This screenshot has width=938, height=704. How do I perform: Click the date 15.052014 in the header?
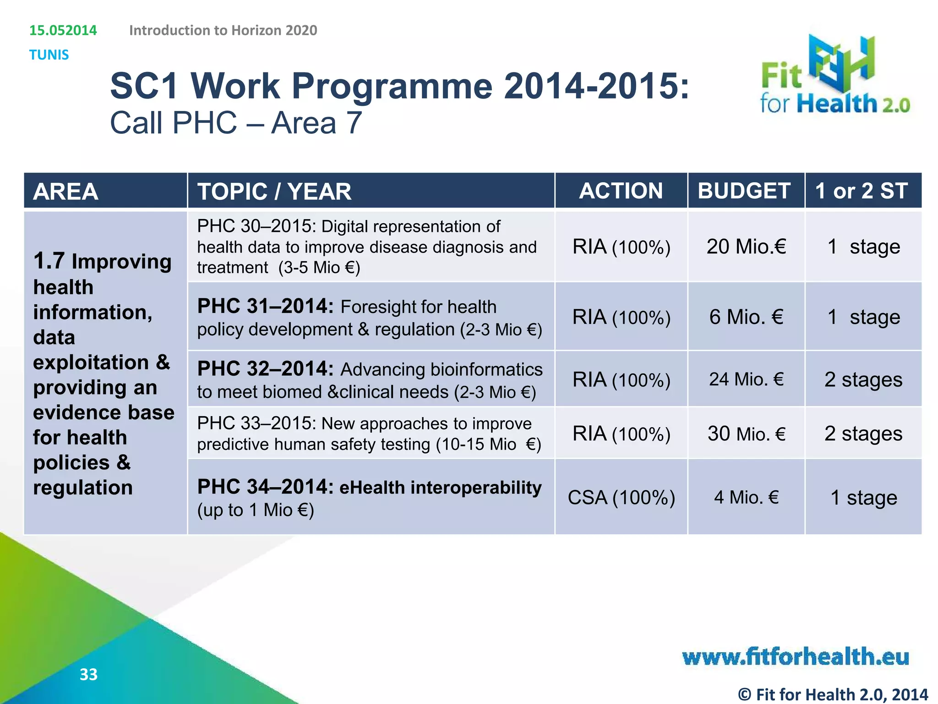tap(63, 30)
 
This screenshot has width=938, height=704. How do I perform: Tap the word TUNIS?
tap(49, 55)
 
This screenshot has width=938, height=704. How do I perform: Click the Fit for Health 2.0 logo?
tap(834, 76)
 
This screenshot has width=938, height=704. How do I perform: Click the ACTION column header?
tap(621, 191)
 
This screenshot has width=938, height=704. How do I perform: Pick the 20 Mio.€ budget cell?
tap(746, 247)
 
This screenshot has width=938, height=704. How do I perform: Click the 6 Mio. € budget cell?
tap(746, 317)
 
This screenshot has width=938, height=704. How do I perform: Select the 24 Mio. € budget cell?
tap(746, 379)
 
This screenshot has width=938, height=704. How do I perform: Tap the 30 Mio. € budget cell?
tap(746, 434)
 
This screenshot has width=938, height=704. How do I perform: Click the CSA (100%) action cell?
tap(621, 497)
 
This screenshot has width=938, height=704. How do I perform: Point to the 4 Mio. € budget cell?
tap(746, 497)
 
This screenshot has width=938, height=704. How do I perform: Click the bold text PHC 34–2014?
tap(265, 487)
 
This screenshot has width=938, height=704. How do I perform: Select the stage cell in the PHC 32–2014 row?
tap(863, 379)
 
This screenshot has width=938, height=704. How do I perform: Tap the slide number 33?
tap(88, 674)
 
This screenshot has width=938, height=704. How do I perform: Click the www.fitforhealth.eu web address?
tap(796, 657)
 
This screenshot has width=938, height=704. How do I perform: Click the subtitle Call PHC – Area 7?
tap(236, 123)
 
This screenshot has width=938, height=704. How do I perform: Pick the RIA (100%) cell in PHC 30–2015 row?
tap(621, 247)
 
